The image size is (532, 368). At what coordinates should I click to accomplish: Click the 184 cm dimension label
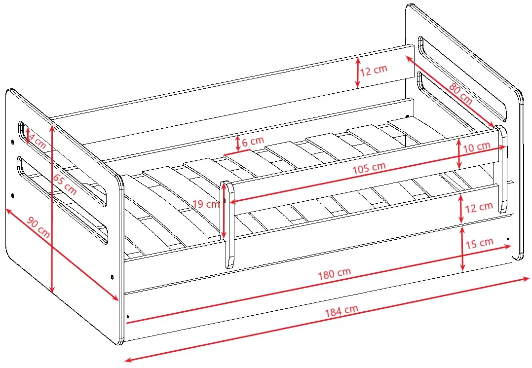click(342, 311)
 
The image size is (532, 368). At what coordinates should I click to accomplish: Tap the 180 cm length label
click(334, 273)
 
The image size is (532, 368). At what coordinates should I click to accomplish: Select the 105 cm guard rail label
click(369, 168)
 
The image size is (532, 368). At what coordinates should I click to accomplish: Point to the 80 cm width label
click(460, 94)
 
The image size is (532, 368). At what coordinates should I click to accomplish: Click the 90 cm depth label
click(38, 227)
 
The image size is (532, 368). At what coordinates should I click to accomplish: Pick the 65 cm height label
click(65, 184)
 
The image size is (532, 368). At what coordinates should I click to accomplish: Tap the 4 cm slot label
click(37, 141)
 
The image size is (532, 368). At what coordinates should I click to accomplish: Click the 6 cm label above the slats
click(253, 141)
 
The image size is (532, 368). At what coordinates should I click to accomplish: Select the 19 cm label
click(206, 204)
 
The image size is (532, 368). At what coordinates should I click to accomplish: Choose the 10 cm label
click(476, 147)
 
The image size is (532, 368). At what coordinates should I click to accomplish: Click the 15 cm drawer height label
click(479, 243)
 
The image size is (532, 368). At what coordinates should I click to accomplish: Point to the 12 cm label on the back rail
click(373, 71)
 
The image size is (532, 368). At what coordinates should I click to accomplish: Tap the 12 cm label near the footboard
click(478, 207)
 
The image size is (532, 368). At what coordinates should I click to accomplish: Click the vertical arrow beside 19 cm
click(224, 211)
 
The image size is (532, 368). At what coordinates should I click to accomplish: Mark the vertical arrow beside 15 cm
click(462, 249)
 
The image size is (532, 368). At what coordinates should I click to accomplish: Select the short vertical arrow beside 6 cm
click(238, 144)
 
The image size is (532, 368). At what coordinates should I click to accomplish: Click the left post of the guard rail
click(228, 224)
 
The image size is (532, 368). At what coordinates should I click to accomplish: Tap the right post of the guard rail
click(502, 169)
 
